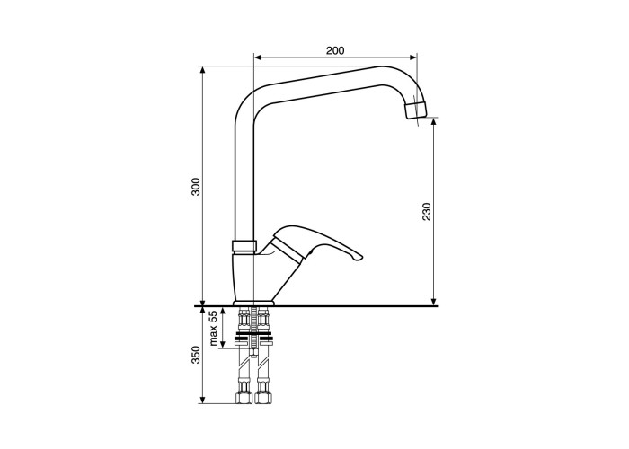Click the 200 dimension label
point(335,50)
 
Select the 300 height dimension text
point(195,187)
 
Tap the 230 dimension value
point(427,212)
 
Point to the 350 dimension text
point(195,355)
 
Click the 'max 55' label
point(214,328)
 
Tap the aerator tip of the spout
point(415,110)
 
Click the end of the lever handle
point(359,258)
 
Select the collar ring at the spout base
point(244,246)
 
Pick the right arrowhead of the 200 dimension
point(413,57)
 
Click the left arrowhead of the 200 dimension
point(258,57)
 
